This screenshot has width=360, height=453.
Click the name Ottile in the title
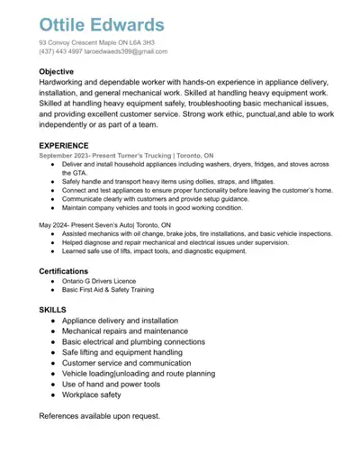[67, 24]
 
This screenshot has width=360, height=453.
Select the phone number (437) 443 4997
[62, 51]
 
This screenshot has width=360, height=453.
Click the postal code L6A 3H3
[140, 42]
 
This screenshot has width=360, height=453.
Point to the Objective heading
[56, 71]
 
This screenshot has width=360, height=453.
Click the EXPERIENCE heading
[63, 145]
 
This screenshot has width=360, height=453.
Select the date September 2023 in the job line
[68, 155]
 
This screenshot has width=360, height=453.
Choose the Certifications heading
[63, 270]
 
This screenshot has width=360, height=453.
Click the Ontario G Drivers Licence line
[98, 281]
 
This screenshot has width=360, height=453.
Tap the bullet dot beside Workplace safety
[55, 394]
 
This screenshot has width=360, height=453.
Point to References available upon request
[99, 416]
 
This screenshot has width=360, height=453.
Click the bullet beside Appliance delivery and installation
[55, 321]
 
